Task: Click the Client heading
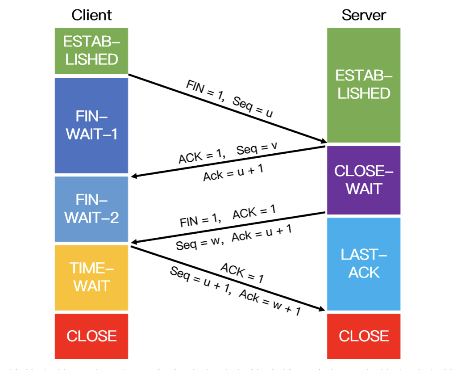pyautogui.click(x=91, y=15)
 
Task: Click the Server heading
pyautogui.click(x=364, y=15)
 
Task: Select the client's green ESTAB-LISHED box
pyautogui.click(x=91, y=51)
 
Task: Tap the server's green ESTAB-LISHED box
pyautogui.click(x=364, y=85)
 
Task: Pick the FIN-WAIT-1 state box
pyautogui.click(x=91, y=126)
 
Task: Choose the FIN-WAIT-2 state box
pyautogui.click(x=91, y=209)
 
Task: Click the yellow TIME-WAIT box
pyautogui.click(x=91, y=277)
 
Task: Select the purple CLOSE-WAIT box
pyautogui.click(x=364, y=180)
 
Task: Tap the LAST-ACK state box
pyautogui.click(x=364, y=264)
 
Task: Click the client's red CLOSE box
pyautogui.click(x=91, y=336)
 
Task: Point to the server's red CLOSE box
pyautogui.click(x=364, y=336)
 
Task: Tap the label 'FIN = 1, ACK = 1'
pyautogui.click(x=228, y=216)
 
